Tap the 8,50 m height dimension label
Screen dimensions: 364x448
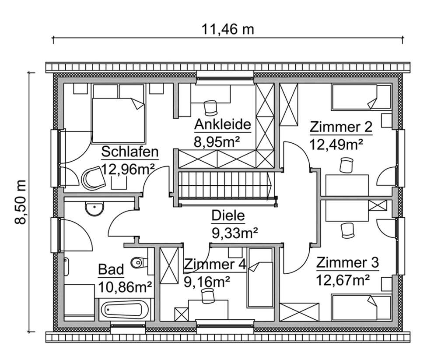click(21, 202)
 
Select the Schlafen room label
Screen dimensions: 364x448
click(129, 152)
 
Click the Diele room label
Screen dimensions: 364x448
click(228, 216)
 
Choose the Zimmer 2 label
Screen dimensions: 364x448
click(341, 127)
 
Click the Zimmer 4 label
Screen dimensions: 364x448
click(215, 265)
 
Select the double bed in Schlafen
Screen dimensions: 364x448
click(118, 114)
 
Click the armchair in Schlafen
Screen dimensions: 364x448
click(93, 177)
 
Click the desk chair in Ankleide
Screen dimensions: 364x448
click(210, 107)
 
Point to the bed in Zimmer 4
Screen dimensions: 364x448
click(260, 278)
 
